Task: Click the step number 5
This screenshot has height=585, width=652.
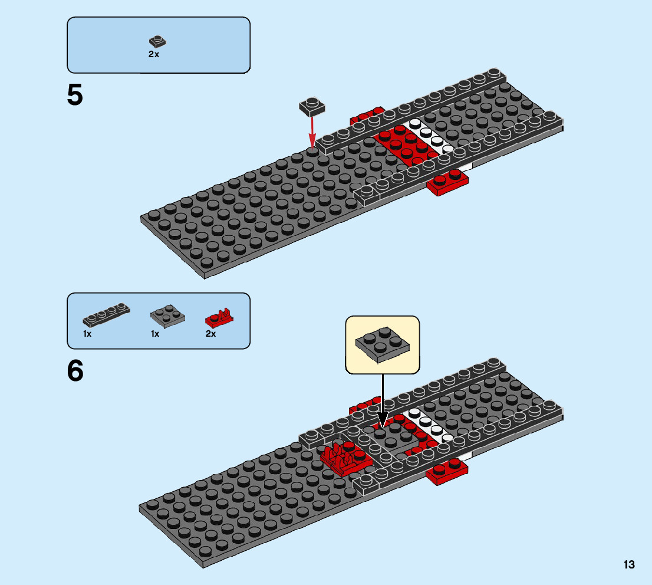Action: coord(75,96)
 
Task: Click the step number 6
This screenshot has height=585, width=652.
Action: coord(75,371)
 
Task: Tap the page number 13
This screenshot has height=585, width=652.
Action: coord(628,564)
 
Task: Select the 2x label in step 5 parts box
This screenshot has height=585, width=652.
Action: coord(153,54)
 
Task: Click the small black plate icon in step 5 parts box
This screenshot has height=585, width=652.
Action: coord(157,41)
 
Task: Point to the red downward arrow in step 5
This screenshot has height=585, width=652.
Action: coord(312,130)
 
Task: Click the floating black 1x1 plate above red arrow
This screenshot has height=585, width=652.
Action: coord(312,106)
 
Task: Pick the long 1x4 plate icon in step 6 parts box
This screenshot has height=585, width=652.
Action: coord(106,315)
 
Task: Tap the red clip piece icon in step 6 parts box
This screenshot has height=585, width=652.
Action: coord(219,318)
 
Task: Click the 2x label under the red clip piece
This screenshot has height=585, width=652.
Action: coord(210,334)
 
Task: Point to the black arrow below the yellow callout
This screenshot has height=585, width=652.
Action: coord(382,401)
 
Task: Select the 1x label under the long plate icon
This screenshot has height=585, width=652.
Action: coord(87,334)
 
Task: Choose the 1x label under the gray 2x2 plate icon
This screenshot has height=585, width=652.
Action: coord(155,334)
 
